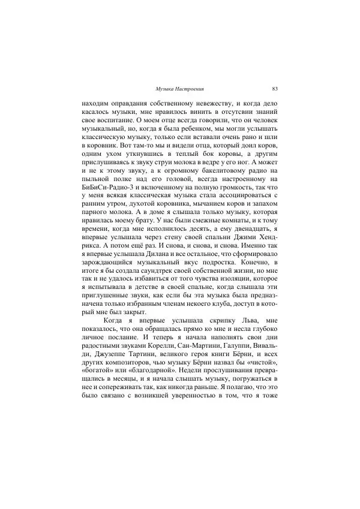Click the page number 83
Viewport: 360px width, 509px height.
274,88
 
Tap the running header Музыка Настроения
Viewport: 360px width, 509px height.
178,88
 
